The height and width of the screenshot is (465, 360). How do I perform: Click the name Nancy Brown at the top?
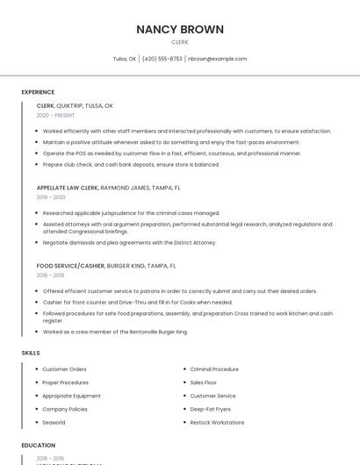[180, 29]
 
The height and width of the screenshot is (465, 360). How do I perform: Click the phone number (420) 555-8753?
[162, 59]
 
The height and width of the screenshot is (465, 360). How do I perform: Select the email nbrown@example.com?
[219, 59]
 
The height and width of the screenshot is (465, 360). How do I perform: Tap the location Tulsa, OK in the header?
[125, 59]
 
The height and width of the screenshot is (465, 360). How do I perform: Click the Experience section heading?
[38, 92]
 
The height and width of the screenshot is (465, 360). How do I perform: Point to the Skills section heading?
[31, 353]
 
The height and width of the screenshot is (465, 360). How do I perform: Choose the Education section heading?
[39, 446]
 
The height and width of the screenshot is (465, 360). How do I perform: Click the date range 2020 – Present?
[55, 116]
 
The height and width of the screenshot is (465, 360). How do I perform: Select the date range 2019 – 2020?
[51, 197]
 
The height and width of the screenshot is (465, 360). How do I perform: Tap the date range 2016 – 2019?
[50, 275]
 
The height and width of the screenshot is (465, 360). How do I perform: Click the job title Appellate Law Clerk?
[68, 188]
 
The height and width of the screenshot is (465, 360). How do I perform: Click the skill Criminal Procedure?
[214, 369]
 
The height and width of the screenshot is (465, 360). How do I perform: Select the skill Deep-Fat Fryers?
[211, 409]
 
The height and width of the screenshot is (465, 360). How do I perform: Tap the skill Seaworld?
[54, 422]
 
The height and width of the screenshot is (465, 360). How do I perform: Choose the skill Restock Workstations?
[217, 422]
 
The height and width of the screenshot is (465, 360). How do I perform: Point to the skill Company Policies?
[65, 409]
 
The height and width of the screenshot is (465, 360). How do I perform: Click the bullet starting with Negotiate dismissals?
[129, 242]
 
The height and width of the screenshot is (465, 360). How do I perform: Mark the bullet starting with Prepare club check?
[131, 164]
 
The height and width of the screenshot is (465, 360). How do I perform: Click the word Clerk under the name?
[180, 41]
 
